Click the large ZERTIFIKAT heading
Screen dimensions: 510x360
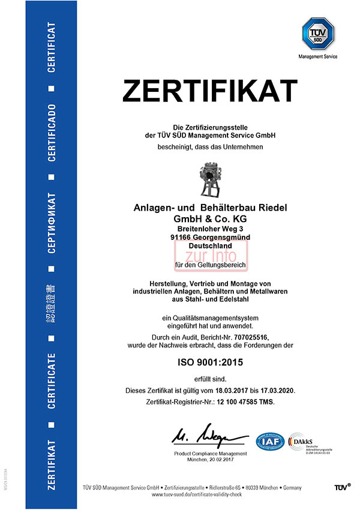209,91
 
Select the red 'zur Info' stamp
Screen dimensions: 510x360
209,255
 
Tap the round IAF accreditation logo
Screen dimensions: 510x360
270,442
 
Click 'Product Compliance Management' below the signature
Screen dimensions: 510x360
209,453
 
